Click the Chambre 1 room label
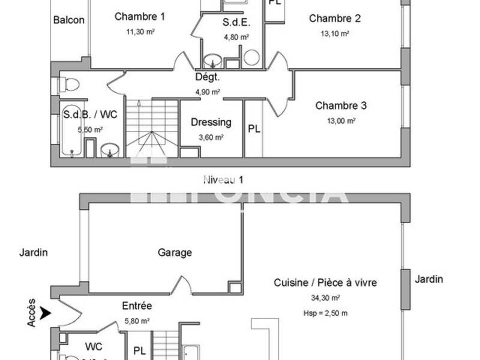click(140, 17)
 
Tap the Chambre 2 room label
click(335, 19)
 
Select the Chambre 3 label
click(341, 106)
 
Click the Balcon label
click(69, 20)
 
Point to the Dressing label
click(211, 122)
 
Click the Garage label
click(175, 253)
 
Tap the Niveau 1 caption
click(223, 179)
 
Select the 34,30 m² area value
click(326, 298)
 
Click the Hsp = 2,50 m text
click(326, 313)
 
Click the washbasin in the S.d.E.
click(213, 60)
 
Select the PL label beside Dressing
click(254, 129)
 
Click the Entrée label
click(137, 306)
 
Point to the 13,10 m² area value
click(335, 34)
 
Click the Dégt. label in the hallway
click(208, 77)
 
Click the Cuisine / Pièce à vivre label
click(326, 283)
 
